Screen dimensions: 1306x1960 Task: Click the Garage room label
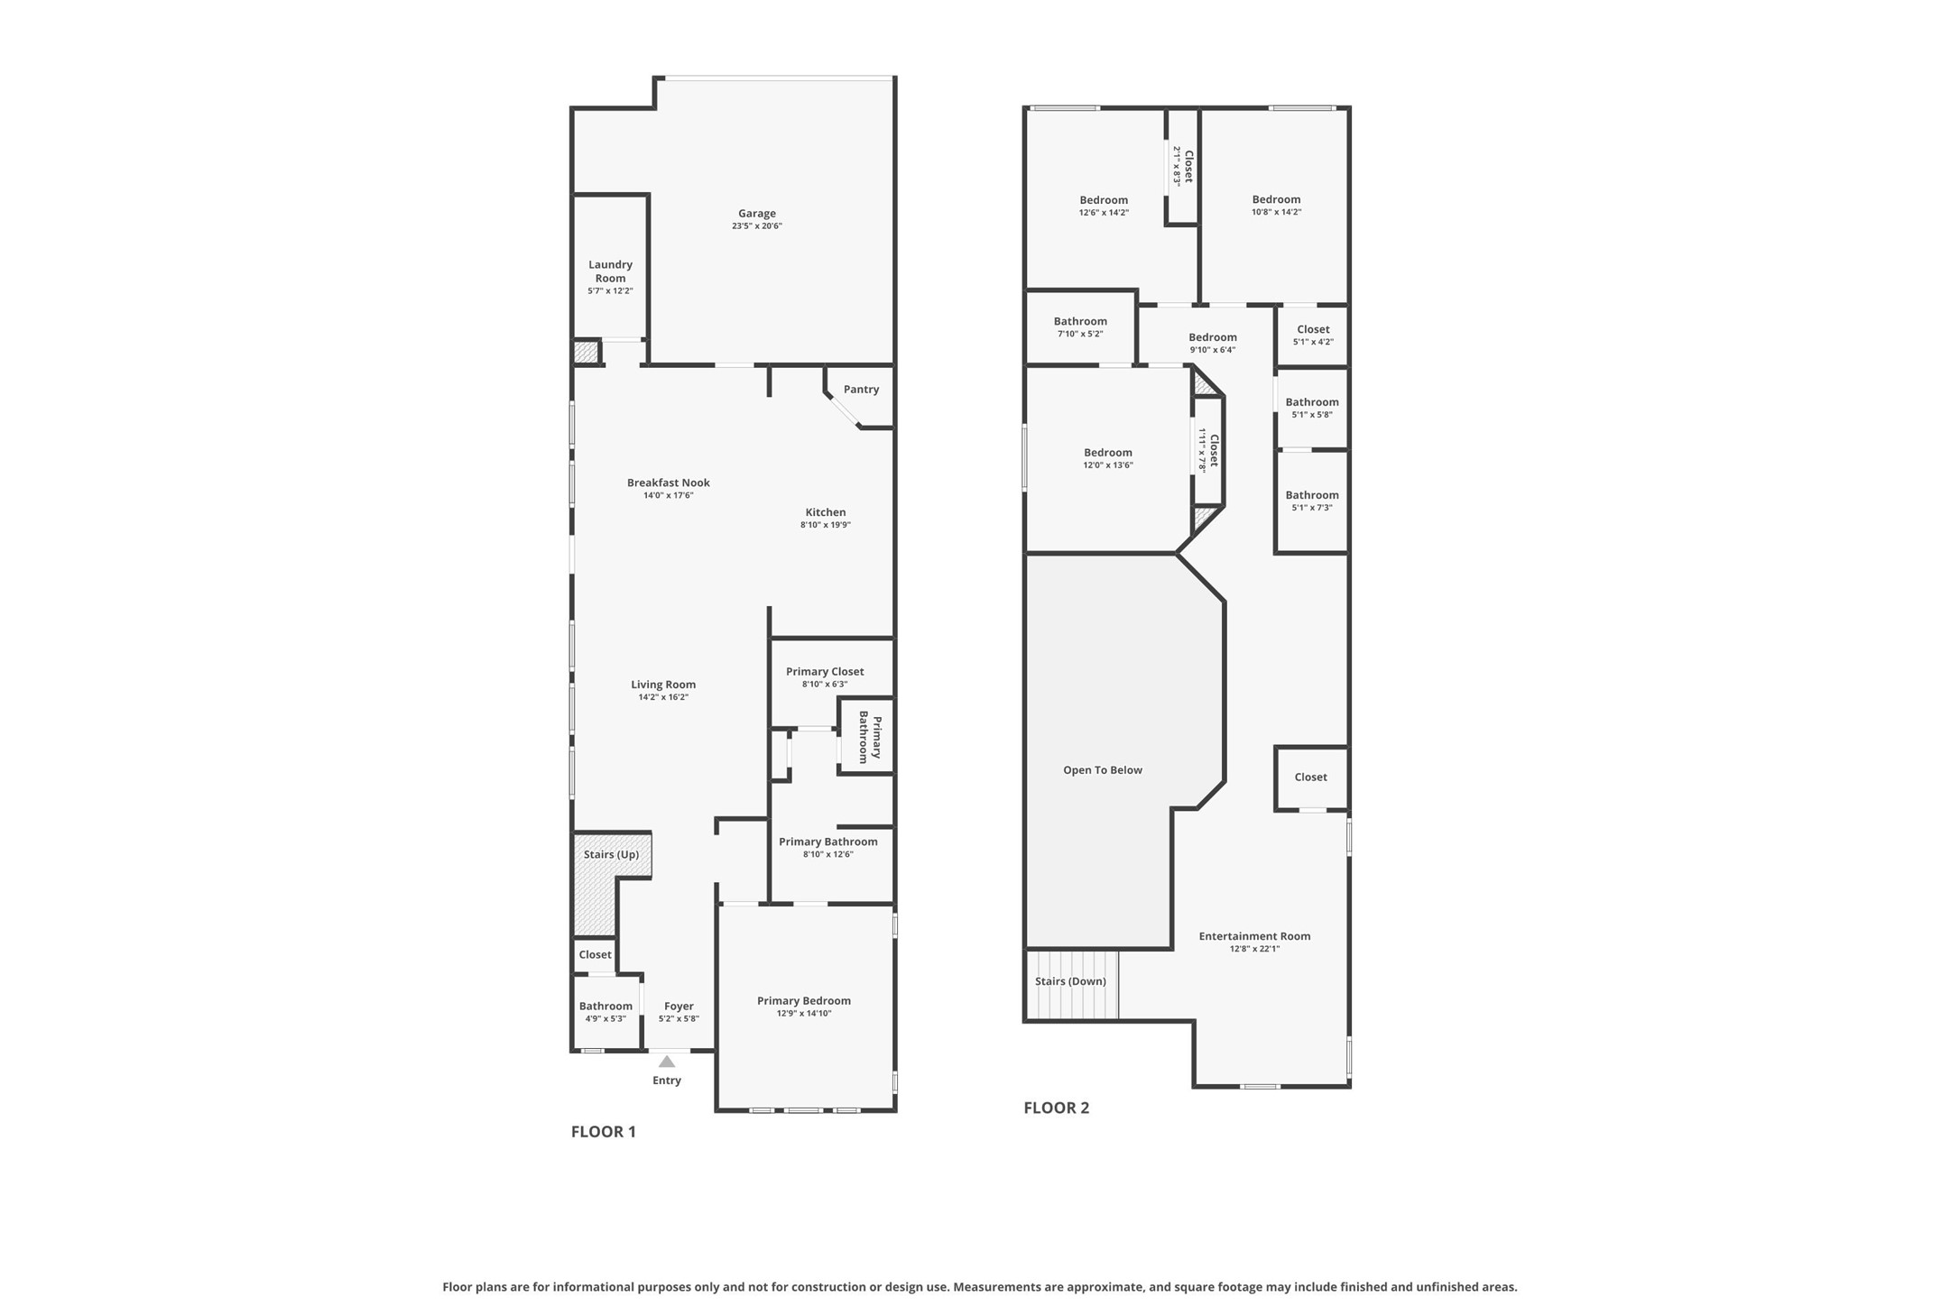point(756,214)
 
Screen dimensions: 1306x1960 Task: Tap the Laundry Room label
point(610,271)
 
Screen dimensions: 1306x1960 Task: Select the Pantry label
point(861,390)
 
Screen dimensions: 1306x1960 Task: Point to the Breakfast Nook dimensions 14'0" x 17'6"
point(668,495)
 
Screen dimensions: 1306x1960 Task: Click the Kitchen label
point(825,512)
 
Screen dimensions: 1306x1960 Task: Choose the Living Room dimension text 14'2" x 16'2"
point(662,697)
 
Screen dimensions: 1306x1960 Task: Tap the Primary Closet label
point(824,672)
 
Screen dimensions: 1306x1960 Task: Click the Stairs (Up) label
point(611,854)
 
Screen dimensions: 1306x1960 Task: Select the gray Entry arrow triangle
point(666,1062)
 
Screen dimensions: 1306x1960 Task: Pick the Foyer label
point(679,1007)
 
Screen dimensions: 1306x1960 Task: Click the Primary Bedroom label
point(803,1001)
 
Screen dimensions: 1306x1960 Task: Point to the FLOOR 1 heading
point(603,1132)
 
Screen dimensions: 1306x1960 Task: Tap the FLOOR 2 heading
point(1056,1108)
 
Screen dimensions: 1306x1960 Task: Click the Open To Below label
point(1102,770)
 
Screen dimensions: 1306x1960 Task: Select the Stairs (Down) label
point(1070,981)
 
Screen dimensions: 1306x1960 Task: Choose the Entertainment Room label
point(1253,936)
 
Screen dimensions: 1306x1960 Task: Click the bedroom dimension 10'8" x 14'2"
point(1276,213)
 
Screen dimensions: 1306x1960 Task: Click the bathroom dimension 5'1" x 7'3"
point(1311,508)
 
